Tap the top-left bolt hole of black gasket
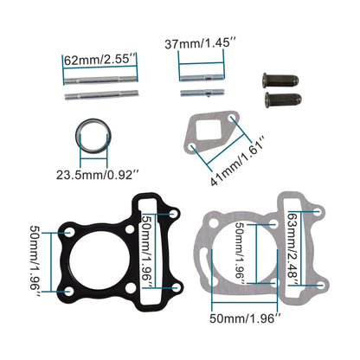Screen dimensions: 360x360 [x=67, y=231]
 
